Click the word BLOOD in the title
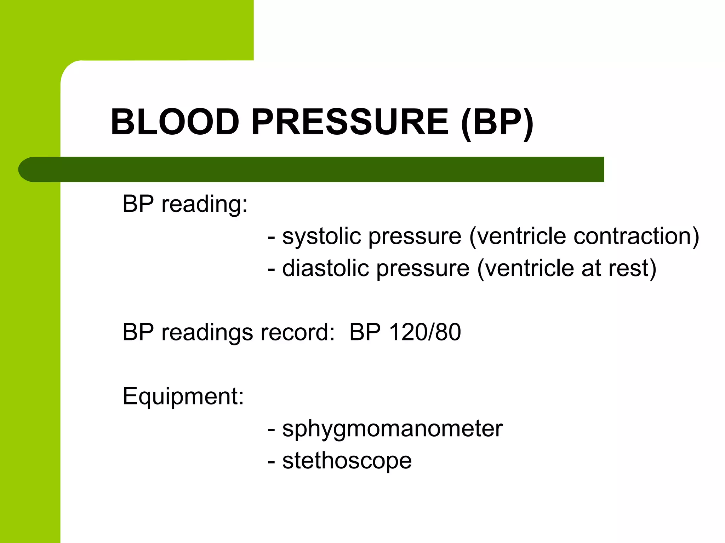(x=175, y=122)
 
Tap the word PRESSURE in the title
(x=350, y=122)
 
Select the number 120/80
(x=425, y=332)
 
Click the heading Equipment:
(x=183, y=397)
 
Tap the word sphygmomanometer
(x=392, y=429)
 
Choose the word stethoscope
(x=347, y=461)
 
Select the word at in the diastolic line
(x=590, y=268)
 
